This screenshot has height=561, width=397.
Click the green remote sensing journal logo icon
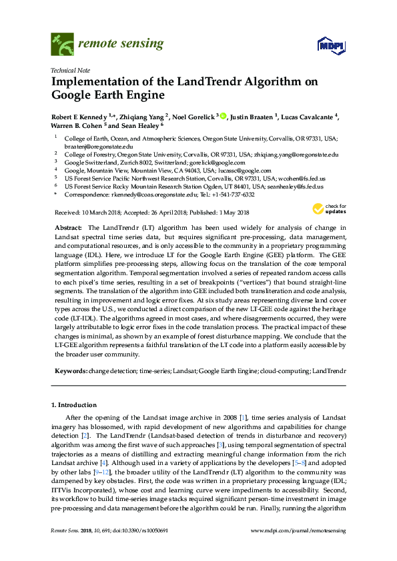[62, 44]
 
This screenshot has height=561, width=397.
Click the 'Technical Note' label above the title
[69, 70]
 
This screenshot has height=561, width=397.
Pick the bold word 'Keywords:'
[69, 369]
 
